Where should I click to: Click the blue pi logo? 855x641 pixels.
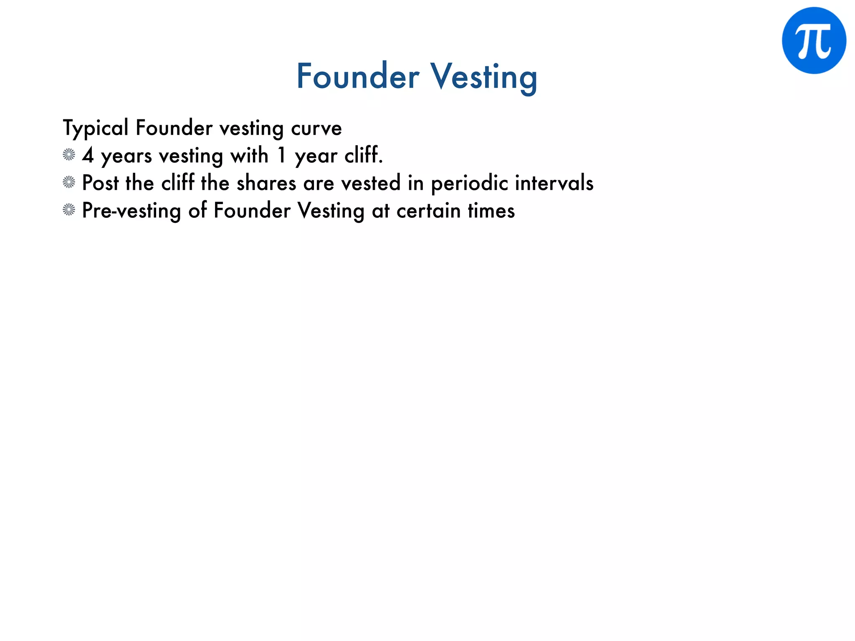(814, 40)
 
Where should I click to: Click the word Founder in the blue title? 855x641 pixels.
(358, 76)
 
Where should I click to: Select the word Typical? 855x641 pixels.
(96, 128)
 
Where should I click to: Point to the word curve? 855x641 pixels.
(316, 129)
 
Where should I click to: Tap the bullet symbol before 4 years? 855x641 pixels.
(69, 155)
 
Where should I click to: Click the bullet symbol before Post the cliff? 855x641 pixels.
(69, 182)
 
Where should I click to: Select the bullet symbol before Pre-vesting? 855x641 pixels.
(69, 210)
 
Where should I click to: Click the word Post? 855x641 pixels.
(100, 183)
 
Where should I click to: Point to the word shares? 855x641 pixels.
(266, 183)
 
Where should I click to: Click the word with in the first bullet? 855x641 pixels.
(249, 155)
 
